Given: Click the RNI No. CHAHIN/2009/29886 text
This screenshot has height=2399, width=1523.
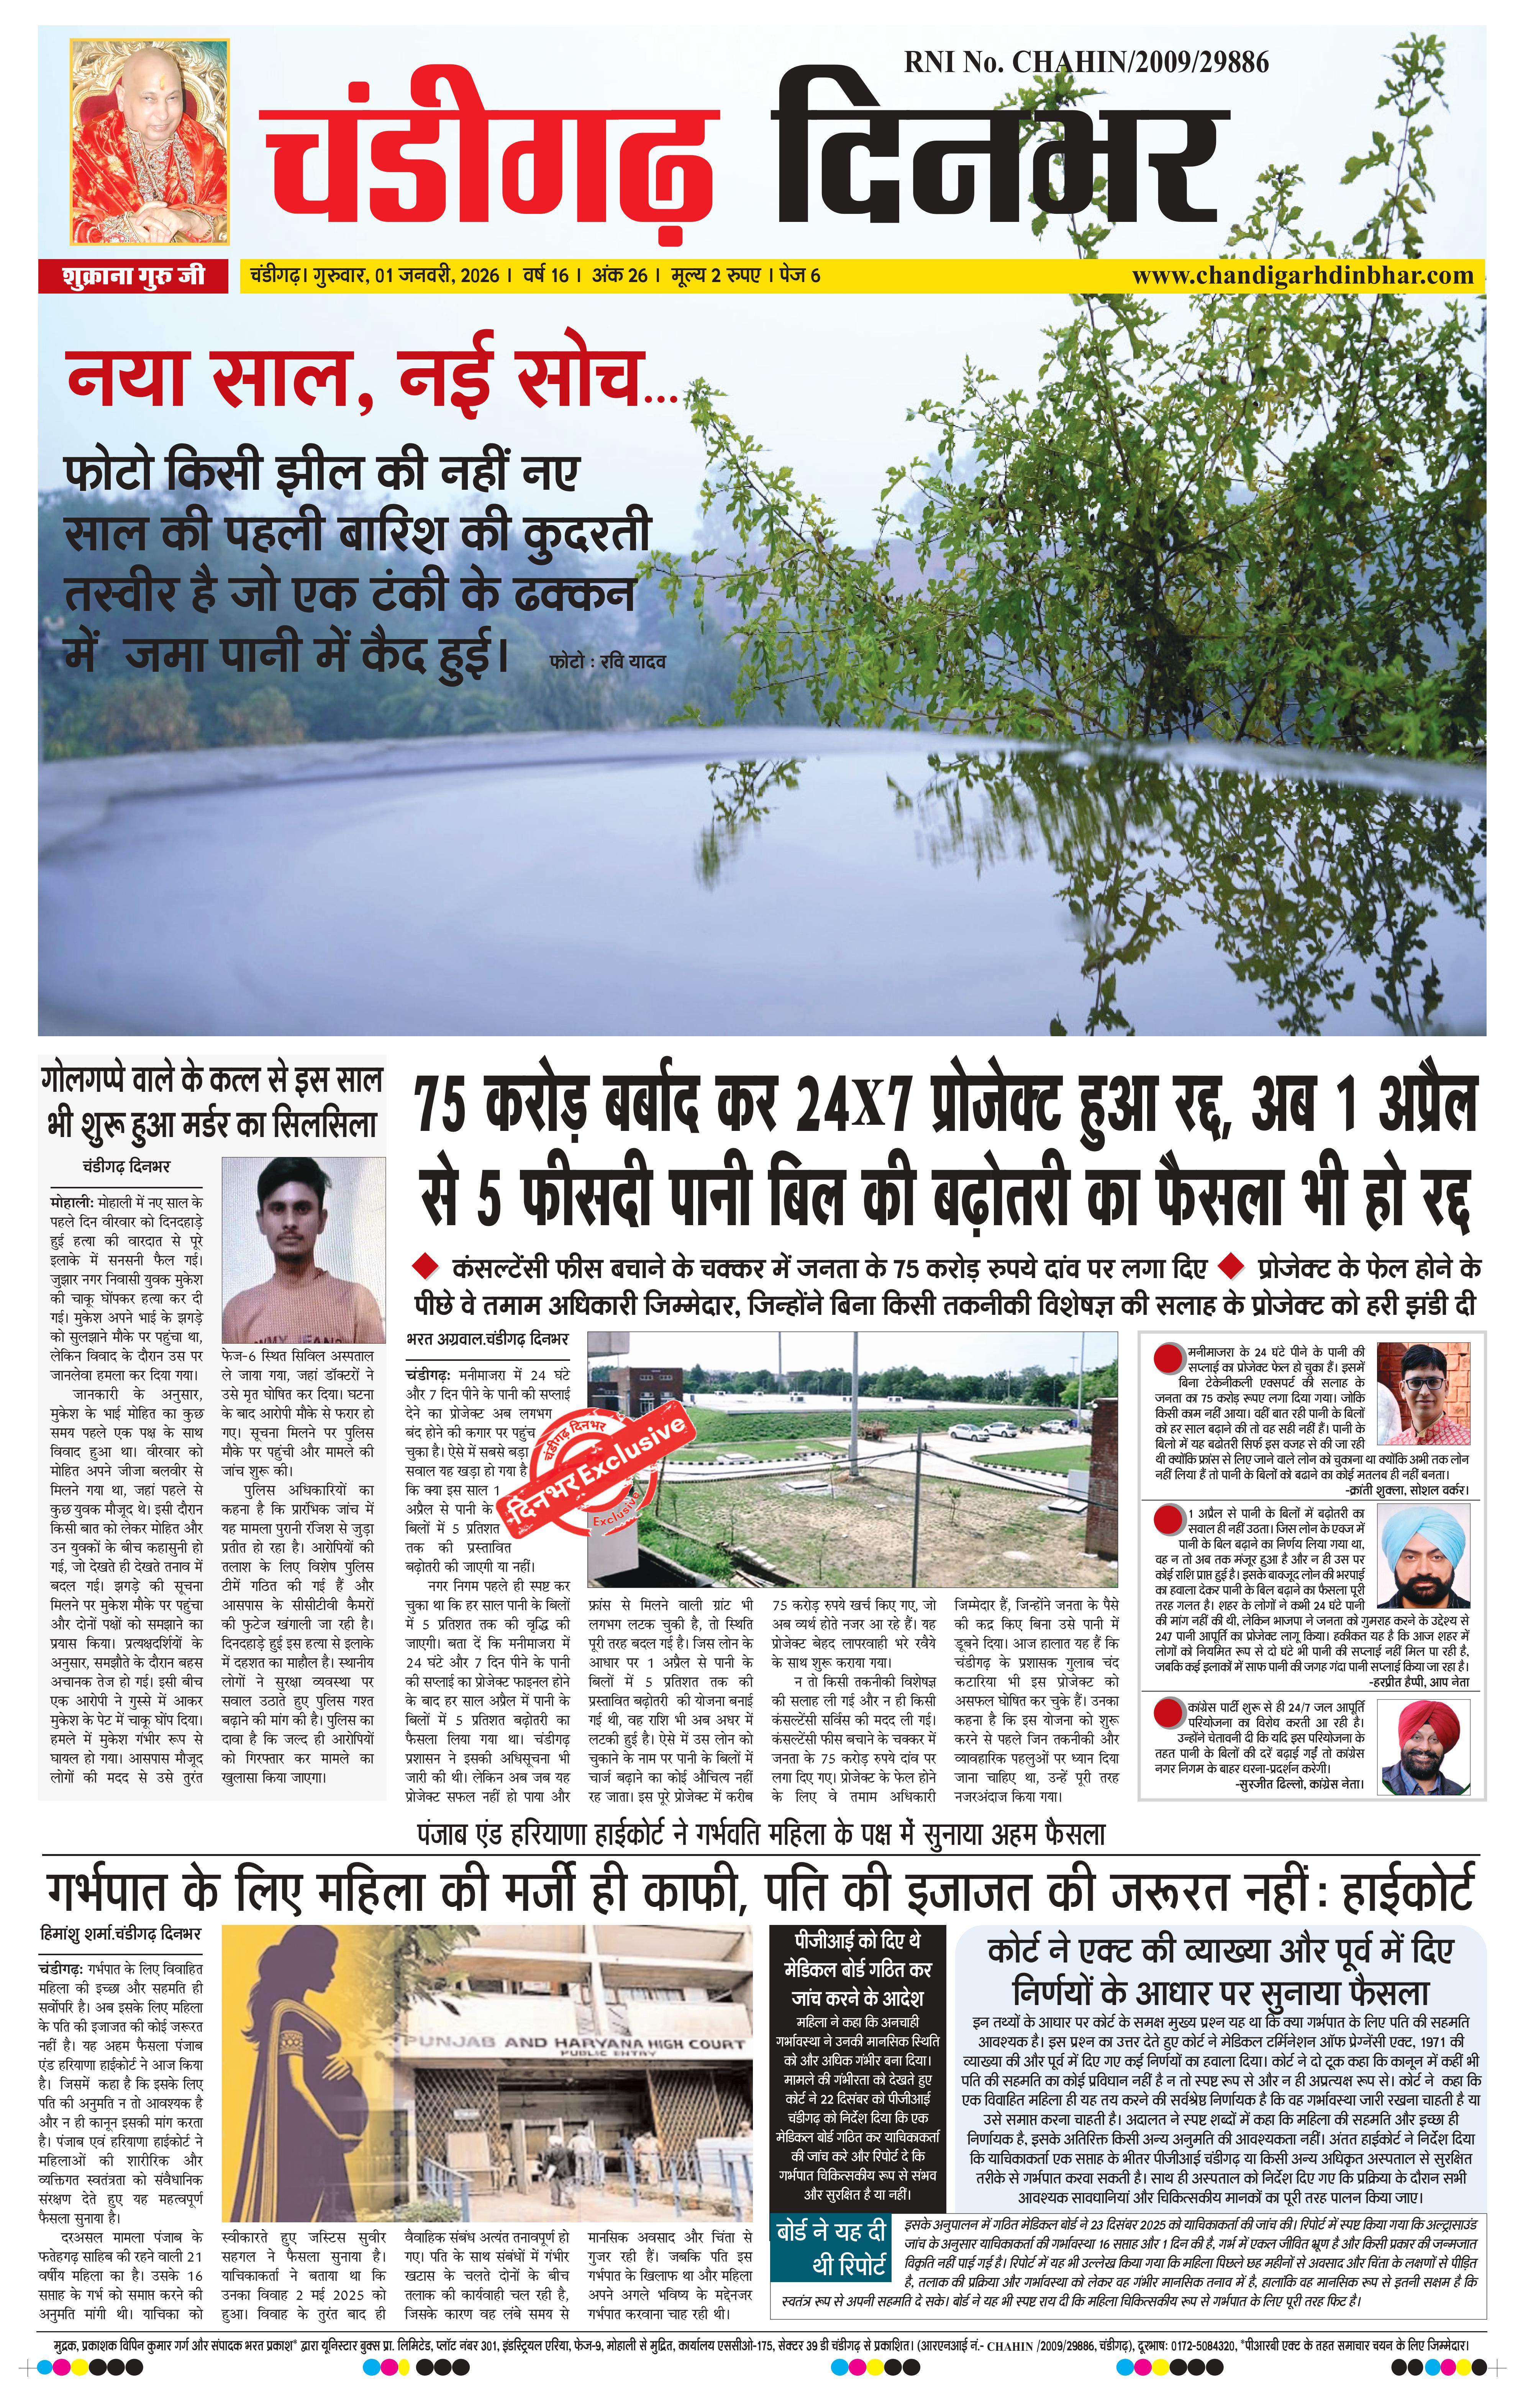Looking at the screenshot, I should click(1086, 63).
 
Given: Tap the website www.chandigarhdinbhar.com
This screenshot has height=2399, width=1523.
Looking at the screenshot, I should click(1302, 275).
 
